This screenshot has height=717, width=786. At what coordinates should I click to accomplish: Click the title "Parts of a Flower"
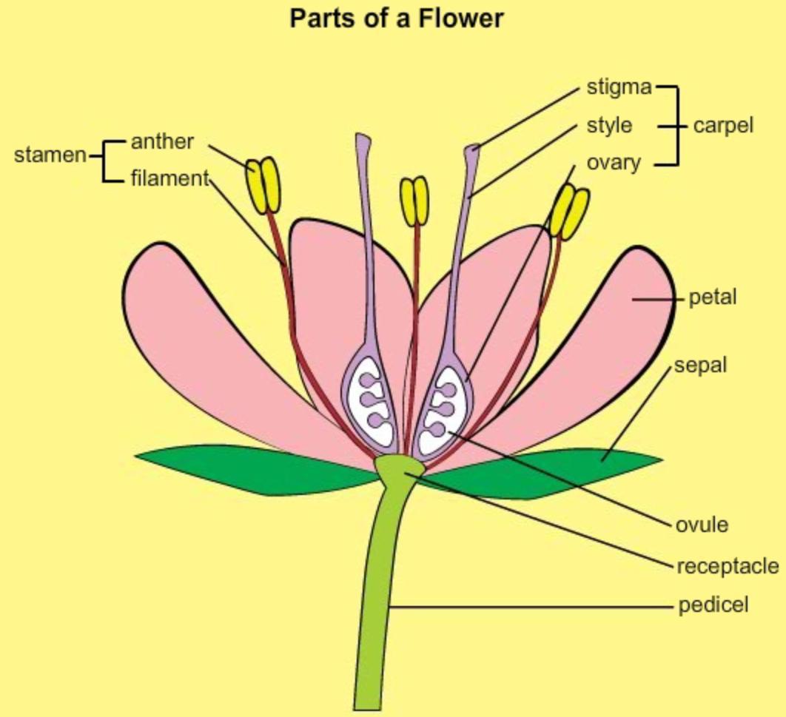396,17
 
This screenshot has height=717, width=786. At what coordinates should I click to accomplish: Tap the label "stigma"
619,87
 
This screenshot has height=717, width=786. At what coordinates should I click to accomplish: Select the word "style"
609,125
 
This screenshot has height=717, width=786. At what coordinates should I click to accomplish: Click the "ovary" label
614,162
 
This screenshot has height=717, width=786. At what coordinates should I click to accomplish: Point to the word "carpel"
723,126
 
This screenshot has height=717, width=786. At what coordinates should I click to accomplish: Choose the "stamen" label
50,156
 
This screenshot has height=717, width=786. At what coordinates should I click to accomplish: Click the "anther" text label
162,141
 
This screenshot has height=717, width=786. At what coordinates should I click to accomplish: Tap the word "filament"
170,178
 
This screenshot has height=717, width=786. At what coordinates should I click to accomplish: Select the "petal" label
712,297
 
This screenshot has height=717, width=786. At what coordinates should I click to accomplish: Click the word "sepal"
700,365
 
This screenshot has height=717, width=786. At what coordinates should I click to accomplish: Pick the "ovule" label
702,525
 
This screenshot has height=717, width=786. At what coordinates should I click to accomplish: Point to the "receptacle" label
727,566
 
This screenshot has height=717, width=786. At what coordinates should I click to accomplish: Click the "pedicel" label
713,605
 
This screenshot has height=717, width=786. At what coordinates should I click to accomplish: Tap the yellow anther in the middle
414,201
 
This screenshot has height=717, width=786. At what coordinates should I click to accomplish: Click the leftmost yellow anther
263,185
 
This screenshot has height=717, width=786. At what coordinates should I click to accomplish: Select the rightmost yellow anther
569,212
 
